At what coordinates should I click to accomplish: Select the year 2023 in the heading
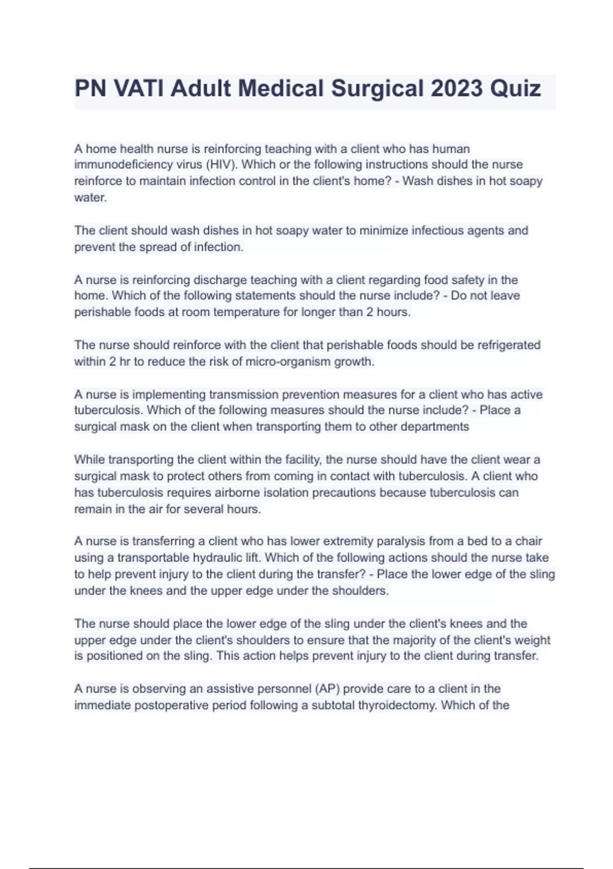[457, 88]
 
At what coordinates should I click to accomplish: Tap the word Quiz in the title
[516, 88]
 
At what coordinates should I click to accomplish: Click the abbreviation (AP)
[327, 689]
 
